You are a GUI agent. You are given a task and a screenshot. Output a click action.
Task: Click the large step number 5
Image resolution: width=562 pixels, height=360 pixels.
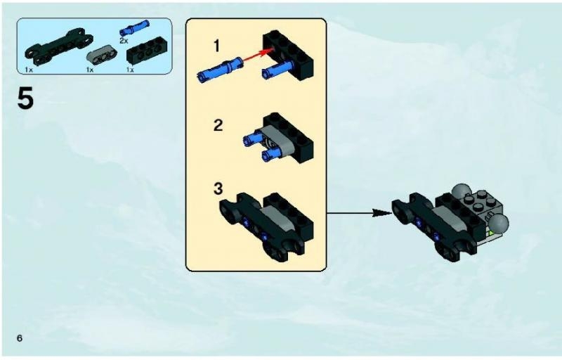click(25, 98)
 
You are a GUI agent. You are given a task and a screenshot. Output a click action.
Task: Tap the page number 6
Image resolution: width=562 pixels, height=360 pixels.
click(19, 338)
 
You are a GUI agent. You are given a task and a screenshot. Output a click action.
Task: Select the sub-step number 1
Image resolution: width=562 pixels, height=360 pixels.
click(216, 46)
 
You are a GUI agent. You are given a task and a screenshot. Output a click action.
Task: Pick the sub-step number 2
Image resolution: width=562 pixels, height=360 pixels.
click(218, 125)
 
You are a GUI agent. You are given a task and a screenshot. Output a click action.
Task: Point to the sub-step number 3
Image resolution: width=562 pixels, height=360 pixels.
click(218, 189)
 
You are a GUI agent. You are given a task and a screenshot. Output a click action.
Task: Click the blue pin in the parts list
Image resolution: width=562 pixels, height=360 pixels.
click(134, 28)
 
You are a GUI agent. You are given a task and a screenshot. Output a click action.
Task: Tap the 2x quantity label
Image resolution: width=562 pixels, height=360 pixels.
click(124, 41)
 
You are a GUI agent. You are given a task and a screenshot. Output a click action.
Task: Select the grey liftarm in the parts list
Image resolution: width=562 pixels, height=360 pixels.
click(102, 53)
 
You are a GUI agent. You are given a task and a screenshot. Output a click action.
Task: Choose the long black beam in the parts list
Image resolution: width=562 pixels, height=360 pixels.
click(58, 49)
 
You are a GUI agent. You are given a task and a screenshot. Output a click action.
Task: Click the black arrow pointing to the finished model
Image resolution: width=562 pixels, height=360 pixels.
click(359, 213)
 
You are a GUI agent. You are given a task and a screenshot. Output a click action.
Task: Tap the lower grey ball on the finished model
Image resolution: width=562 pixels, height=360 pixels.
click(499, 224)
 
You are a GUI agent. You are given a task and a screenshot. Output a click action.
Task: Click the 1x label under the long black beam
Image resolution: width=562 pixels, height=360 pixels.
click(29, 70)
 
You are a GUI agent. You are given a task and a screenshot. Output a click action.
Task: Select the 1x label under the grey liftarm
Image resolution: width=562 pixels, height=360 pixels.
click(90, 70)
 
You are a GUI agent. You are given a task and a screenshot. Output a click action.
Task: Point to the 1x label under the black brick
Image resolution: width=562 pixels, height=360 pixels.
click(130, 70)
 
